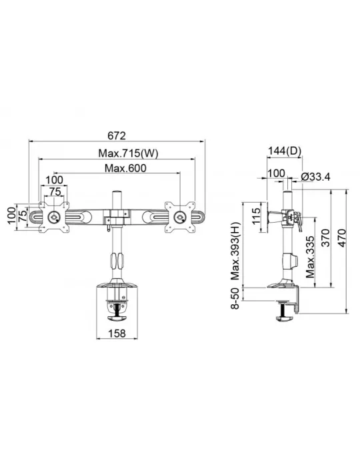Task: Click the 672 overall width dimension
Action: point(117,135)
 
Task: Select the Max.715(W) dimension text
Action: point(128,153)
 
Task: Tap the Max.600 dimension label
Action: point(125,168)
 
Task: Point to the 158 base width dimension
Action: point(117,334)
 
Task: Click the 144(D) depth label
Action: point(285,151)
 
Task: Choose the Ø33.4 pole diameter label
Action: point(315,177)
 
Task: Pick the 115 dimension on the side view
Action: point(255,217)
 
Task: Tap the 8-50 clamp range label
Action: point(235,298)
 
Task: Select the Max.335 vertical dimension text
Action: point(310,257)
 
